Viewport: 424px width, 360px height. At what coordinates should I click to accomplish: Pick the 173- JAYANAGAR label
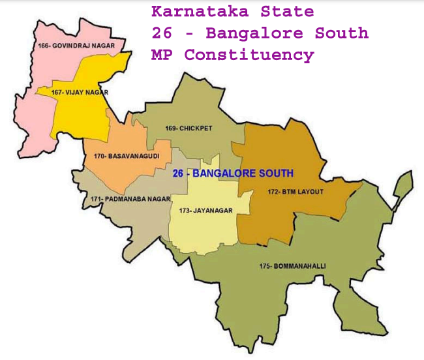pyautogui.click(x=199, y=211)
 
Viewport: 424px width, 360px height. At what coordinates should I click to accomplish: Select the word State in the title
pyautogui.click(x=290, y=12)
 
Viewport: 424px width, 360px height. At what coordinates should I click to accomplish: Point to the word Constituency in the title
pyautogui.click(x=249, y=55)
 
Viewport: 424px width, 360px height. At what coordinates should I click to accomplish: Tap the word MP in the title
pyautogui.click(x=160, y=55)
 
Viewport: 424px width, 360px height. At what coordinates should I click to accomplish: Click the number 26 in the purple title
pyautogui.click(x=160, y=33)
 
